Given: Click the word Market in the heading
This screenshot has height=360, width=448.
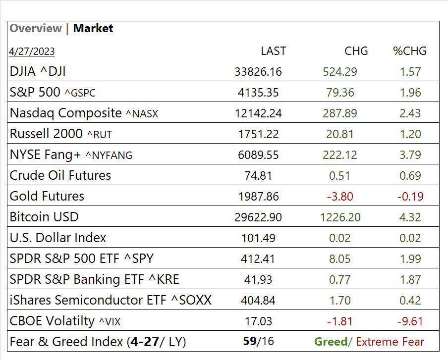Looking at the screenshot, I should pyautogui.click(x=93, y=28).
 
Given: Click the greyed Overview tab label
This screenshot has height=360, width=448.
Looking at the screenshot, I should pyautogui.click(x=36, y=28).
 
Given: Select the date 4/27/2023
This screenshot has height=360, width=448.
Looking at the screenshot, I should pyautogui.click(x=32, y=51).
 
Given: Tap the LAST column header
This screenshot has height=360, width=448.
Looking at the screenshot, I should pyautogui.click(x=273, y=51).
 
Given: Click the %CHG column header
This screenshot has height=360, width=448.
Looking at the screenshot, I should pyautogui.click(x=410, y=51).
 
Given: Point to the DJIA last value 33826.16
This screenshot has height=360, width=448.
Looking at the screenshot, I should pyautogui.click(x=258, y=72).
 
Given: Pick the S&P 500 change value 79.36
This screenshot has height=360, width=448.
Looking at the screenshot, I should pyautogui.click(x=340, y=93).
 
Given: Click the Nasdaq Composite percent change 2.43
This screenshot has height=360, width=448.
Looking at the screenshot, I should pyautogui.click(x=410, y=113).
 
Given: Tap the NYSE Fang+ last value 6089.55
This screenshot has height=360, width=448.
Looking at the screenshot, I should pyautogui.click(x=258, y=155).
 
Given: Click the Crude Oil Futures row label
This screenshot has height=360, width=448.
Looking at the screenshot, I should pyautogui.click(x=60, y=175).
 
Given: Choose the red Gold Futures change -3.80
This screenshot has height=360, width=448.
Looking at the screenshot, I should pyautogui.click(x=340, y=197).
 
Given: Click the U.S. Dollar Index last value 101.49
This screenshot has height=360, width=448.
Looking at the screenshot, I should pyautogui.click(x=258, y=238).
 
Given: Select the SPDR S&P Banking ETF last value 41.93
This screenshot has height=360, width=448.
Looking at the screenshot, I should pyautogui.click(x=258, y=280).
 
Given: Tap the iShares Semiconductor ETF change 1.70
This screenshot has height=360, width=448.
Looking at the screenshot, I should pyautogui.click(x=340, y=301).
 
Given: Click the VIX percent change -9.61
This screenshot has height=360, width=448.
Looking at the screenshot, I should pyautogui.click(x=410, y=321).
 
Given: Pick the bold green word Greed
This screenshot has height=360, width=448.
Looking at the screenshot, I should pyautogui.click(x=331, y=342).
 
